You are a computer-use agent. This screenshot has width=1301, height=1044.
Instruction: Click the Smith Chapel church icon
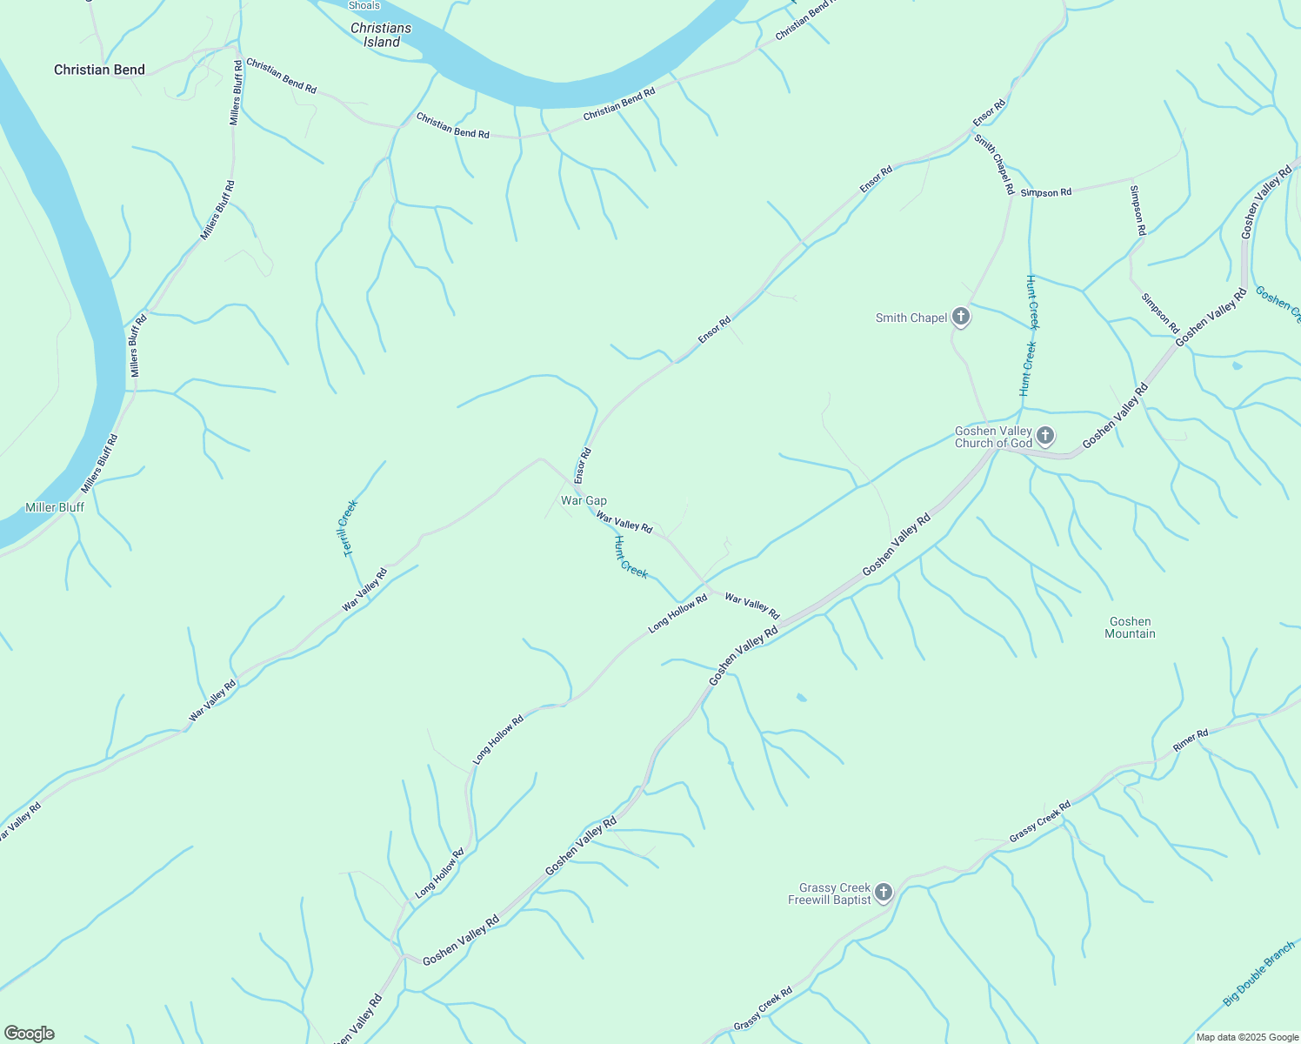point(961,317)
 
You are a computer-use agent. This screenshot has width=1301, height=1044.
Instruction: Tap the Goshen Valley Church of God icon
point(1045,435)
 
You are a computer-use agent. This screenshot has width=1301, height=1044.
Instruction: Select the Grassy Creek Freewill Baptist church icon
point(884,892)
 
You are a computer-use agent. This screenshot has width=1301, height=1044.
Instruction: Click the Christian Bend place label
point(99,70)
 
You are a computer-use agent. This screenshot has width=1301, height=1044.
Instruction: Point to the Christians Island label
point(381,35)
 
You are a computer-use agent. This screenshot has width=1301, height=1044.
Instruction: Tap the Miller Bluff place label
point(55,507)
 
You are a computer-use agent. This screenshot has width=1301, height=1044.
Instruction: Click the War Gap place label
point(584,500)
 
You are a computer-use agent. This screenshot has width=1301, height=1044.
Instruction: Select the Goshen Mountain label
point(1130,627)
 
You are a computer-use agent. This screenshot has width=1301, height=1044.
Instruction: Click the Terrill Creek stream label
point(350,528)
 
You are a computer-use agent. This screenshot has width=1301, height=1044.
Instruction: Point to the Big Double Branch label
point(1258,974)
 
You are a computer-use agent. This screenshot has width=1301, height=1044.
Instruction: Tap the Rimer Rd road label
point(1191,740)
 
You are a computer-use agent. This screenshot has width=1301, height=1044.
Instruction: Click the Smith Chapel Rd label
point(994,164)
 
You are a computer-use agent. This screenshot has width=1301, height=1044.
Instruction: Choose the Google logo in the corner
point(30,1034)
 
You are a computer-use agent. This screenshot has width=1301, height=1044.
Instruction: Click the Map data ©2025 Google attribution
point(1247,1037)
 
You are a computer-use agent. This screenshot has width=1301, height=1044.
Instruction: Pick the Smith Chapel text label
point(911,318)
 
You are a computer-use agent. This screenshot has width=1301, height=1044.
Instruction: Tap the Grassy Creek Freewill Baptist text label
point(830,893)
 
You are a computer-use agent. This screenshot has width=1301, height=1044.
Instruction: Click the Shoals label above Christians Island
point(364,5)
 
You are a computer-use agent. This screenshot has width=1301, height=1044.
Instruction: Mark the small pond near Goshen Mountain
point(801,697)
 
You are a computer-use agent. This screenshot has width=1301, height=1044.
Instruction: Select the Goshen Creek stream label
point(1278,304)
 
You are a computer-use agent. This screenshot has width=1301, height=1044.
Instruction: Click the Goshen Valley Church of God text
point(993,437)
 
